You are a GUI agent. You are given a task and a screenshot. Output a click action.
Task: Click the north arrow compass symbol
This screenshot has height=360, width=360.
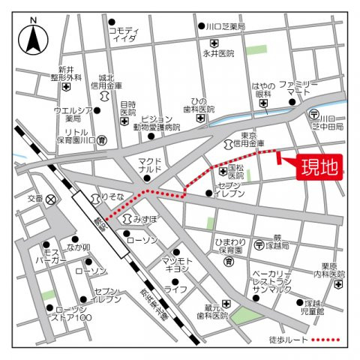[x=33, y=39]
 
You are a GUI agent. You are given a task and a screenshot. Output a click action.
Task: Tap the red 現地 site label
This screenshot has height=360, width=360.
[x=319, y=166]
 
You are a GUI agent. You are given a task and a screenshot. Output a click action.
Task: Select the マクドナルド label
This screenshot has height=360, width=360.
[x=150, y=165]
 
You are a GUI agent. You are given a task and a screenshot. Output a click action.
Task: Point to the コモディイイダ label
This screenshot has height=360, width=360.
[x=124, y=34]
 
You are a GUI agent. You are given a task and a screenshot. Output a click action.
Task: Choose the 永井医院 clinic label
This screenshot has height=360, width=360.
[x=218, y=53]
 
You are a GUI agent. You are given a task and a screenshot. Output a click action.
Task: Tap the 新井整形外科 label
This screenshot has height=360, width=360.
[x=66, y=73]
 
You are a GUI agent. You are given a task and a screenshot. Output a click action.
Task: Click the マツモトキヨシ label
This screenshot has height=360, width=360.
[x=177, y=265]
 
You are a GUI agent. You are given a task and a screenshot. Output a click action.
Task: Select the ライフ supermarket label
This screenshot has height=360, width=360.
[x=176, y=289]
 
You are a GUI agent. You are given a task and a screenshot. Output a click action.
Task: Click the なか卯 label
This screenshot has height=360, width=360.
[x=79, y=247]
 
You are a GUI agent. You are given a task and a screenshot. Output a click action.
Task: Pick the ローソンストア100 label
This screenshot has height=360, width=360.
[x=73, y=313]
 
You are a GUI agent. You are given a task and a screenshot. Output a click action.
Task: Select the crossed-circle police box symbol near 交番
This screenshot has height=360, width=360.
[x=50, y=199]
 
